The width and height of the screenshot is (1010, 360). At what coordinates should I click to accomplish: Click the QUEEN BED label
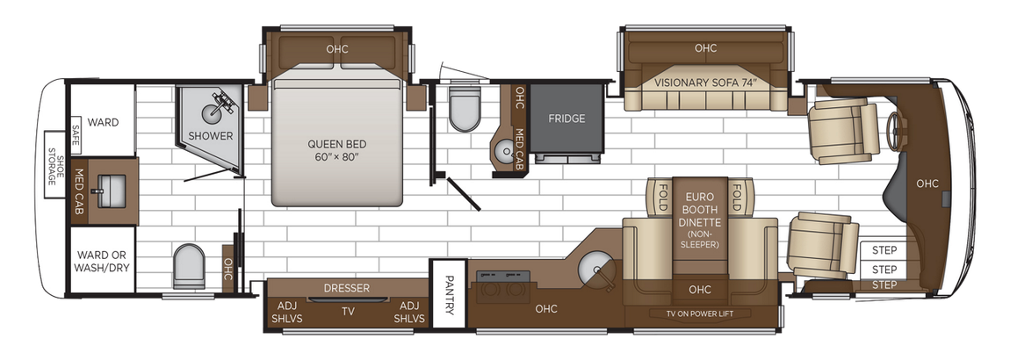(336, 149)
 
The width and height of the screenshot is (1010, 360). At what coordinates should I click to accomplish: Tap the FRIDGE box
(566, 119)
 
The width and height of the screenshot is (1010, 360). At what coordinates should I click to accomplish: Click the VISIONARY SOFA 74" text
(705, 83)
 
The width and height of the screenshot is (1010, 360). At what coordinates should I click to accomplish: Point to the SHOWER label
(211, 136)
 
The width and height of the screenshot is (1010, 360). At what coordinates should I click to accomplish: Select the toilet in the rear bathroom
(189, 265)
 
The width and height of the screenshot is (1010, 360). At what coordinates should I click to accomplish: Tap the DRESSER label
(346, 288)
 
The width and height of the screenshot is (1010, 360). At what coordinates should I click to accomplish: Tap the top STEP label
(884, 250)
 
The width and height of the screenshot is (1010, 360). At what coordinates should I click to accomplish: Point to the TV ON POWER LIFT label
(699, 314)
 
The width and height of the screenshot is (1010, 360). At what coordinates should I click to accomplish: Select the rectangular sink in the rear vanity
(112, 187)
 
